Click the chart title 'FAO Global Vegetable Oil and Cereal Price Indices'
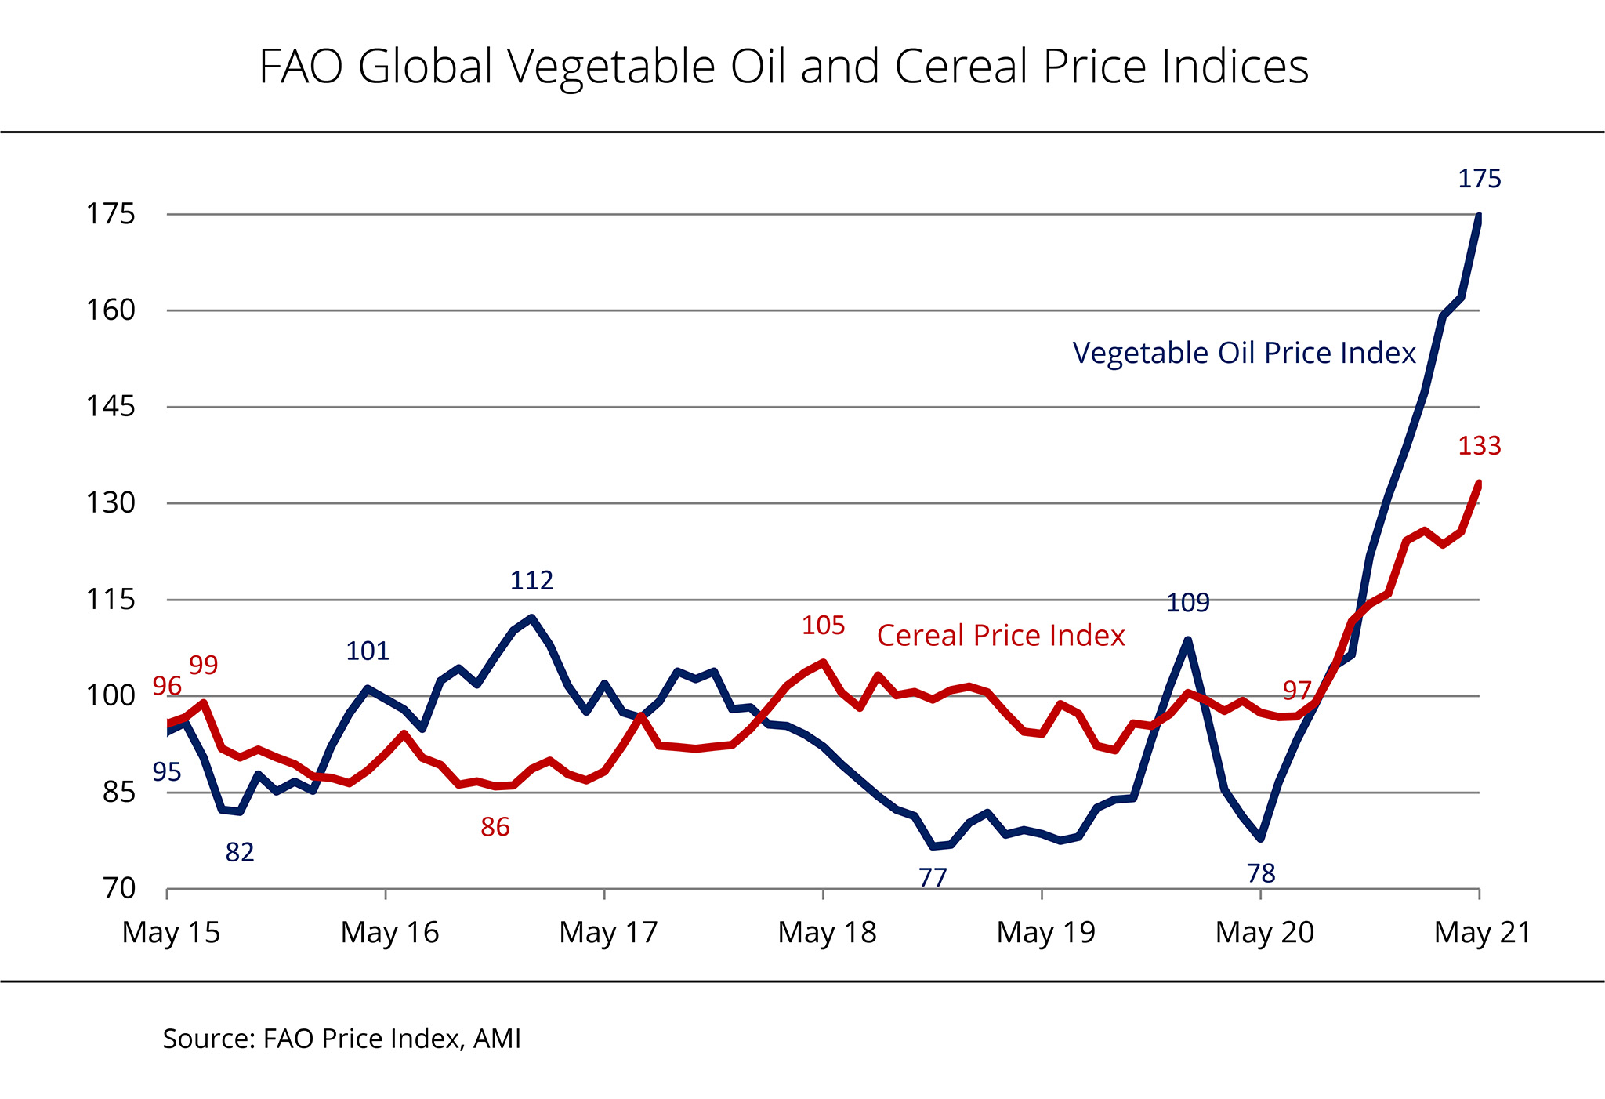(784, 67)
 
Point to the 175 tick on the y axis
(111, 214)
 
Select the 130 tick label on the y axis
(111, 502)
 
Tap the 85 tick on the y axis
(119, 792)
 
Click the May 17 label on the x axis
(608, 932)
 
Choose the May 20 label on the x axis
(1264, 932)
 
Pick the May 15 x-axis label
(171, 932)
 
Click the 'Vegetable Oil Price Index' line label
(1244, 353)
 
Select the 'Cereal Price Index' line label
(1001, 635)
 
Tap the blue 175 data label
(1479, 180)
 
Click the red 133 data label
(1479, 446)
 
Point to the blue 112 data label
(531, 581)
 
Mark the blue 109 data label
(1188, 603)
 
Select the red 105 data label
(823, 626)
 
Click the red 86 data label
(495, 827)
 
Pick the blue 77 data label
(933, 877)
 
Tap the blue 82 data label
(240, 852)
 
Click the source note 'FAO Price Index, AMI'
(342, 1039)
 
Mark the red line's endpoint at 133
(1478, 484)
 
